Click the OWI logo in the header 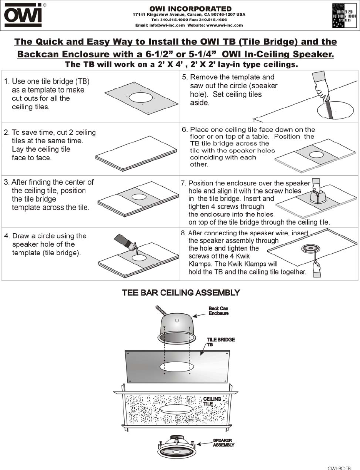23,16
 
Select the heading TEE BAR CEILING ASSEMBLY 181,293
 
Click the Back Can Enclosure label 218,311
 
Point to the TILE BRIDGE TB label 221,342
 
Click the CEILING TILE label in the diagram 212,401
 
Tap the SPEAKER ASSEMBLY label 223,443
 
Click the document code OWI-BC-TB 339,468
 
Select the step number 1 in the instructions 6,82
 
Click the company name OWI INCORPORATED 190,8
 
